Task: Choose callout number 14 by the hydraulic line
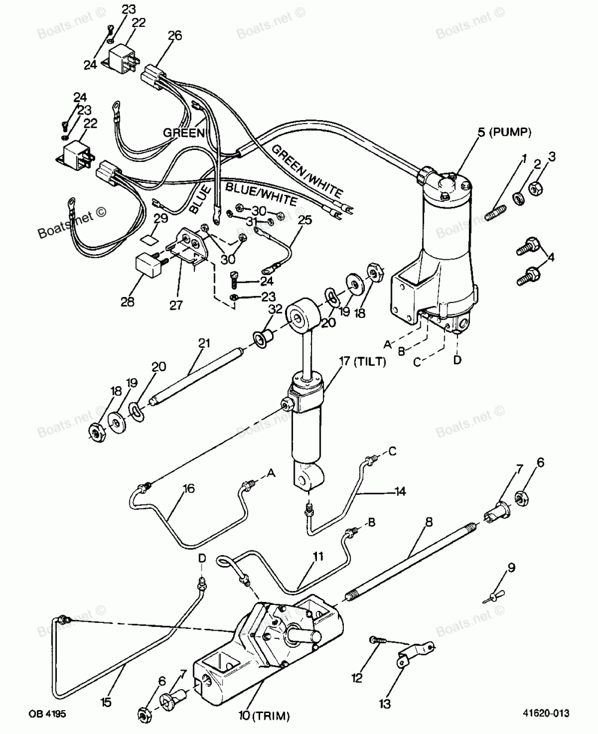[399, 491]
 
